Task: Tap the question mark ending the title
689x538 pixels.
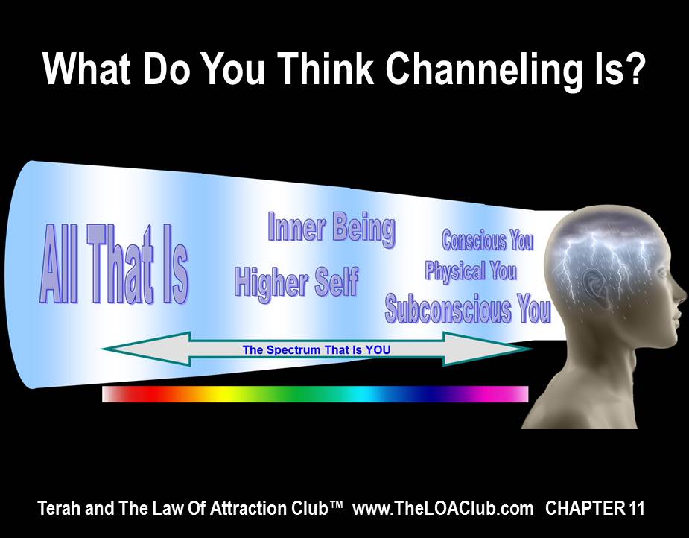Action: [634, 67]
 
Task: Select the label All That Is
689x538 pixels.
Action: [114, 264]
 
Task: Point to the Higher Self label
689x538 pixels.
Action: [296, 282]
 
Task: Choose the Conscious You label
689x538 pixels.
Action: [488, 240]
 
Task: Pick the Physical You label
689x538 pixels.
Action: [471, 270]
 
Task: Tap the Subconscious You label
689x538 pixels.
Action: [468, 308]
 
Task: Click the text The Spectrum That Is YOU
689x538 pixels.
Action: [317, 350]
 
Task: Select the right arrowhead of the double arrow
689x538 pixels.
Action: [488, 349]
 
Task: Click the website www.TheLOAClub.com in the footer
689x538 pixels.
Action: [443, 508]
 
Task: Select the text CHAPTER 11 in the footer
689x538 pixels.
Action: [595, 508]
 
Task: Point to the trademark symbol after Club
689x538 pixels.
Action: [335, 504]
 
